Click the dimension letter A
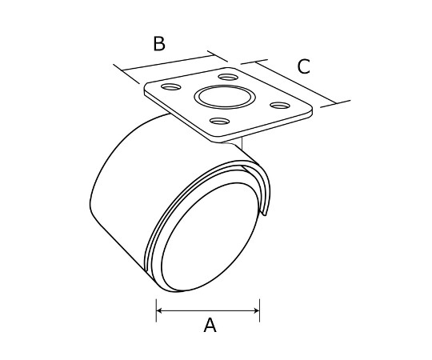point(210,325)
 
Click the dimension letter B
point(159,44)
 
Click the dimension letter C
point(304,66)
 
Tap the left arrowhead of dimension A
point(158,310)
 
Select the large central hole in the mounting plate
point(225,97)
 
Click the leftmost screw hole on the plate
point(171,87)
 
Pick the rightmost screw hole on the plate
point(280,106)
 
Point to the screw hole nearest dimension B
point(228,77)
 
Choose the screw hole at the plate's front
point(219,121)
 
